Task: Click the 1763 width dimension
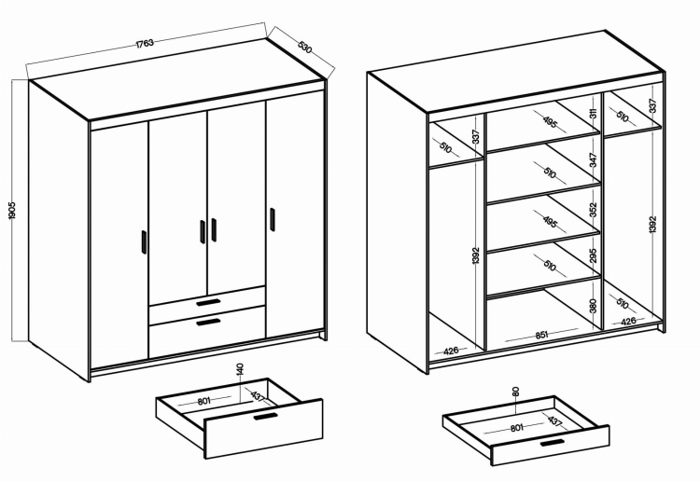click(145, 43)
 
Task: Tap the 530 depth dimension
click(304, 48)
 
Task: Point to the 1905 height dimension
click(12, 210)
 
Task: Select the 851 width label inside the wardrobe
click(541, 335)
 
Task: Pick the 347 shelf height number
click(593, 160)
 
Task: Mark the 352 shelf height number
click(593, 210)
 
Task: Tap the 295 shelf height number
click(593, 256)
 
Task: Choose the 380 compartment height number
click(593, 306)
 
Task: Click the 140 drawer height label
click(240, 369)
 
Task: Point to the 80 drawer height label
click(515, 392)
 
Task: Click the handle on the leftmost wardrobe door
click(144, 242)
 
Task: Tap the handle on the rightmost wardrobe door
click(273, 219)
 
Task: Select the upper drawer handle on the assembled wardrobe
click(208, 302)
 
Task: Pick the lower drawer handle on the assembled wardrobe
click(208, 322)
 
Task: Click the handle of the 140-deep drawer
click(266, 417)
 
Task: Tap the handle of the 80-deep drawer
click(552, 442)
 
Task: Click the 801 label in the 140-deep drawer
click(204, 401)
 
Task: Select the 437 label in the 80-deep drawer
click(554, 420)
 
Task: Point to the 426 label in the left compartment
click(451, 351)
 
